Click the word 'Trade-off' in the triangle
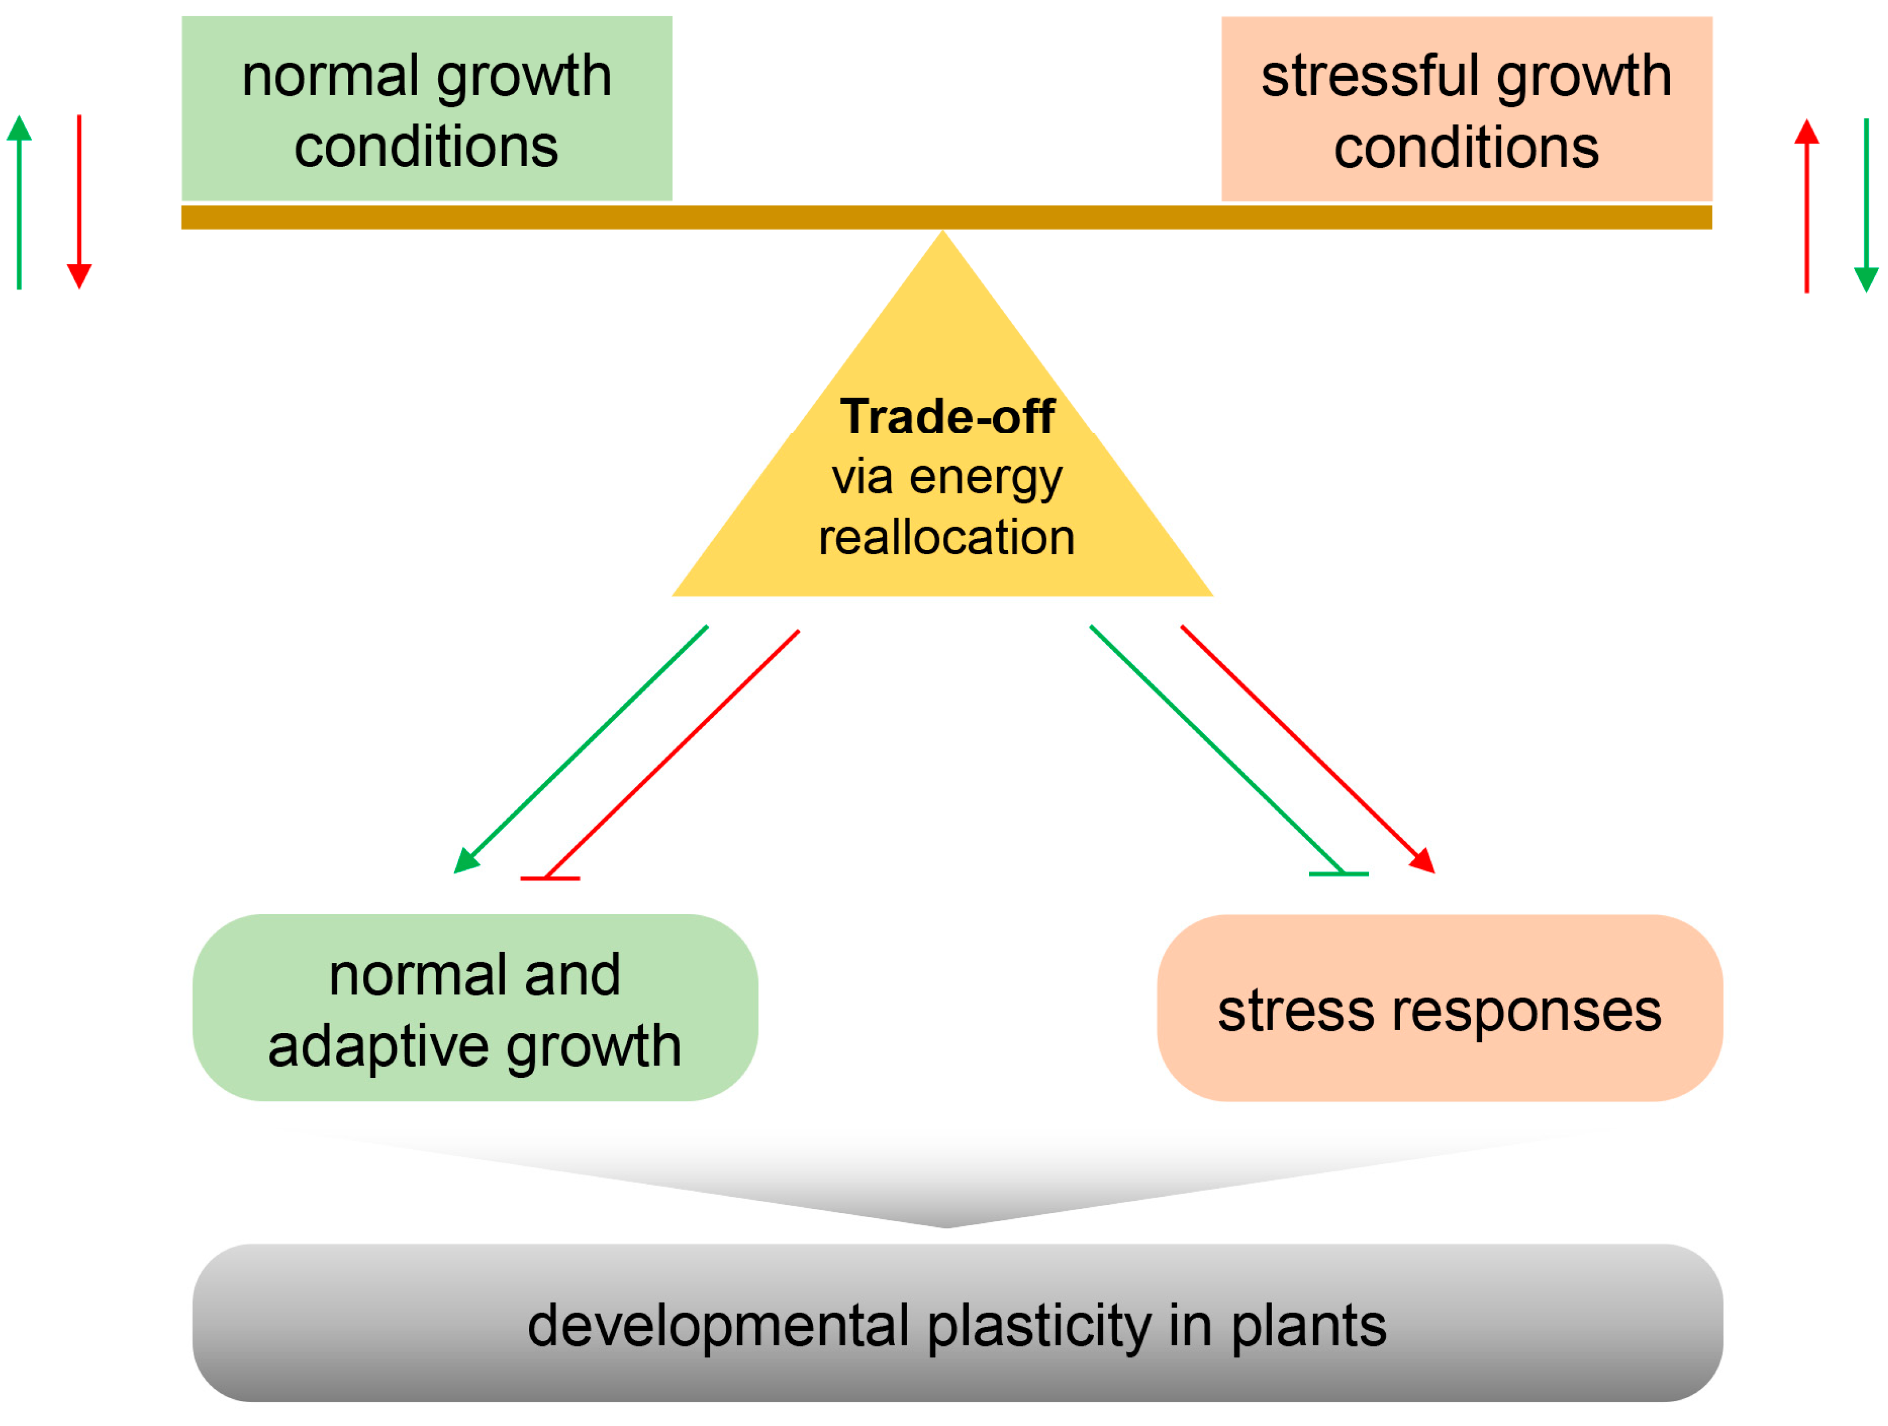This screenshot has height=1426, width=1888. click(947, 417)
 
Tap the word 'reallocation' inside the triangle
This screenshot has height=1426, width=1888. click(947, 538)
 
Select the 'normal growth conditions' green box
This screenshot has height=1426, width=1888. click(427, 109)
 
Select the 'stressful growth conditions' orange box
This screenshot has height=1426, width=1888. click(1466, 109)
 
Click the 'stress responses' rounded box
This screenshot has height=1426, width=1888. click(1439, 1009)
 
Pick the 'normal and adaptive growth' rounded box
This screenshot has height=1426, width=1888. click(474, 1009)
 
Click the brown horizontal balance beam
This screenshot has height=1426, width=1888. click(945, 217)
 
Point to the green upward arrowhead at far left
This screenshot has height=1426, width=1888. click(19, 128)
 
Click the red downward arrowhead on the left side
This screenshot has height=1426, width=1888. click(79, 276)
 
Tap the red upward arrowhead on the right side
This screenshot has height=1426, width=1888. click(1806, 132)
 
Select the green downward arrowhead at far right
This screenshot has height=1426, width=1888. click(1866, 279)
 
